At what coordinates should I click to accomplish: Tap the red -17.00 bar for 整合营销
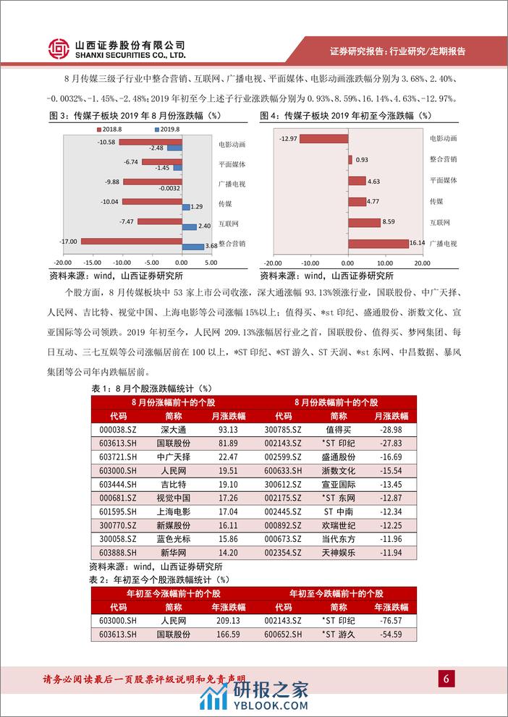pos(132,241)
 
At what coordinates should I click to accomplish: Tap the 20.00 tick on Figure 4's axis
pos(422,263)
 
